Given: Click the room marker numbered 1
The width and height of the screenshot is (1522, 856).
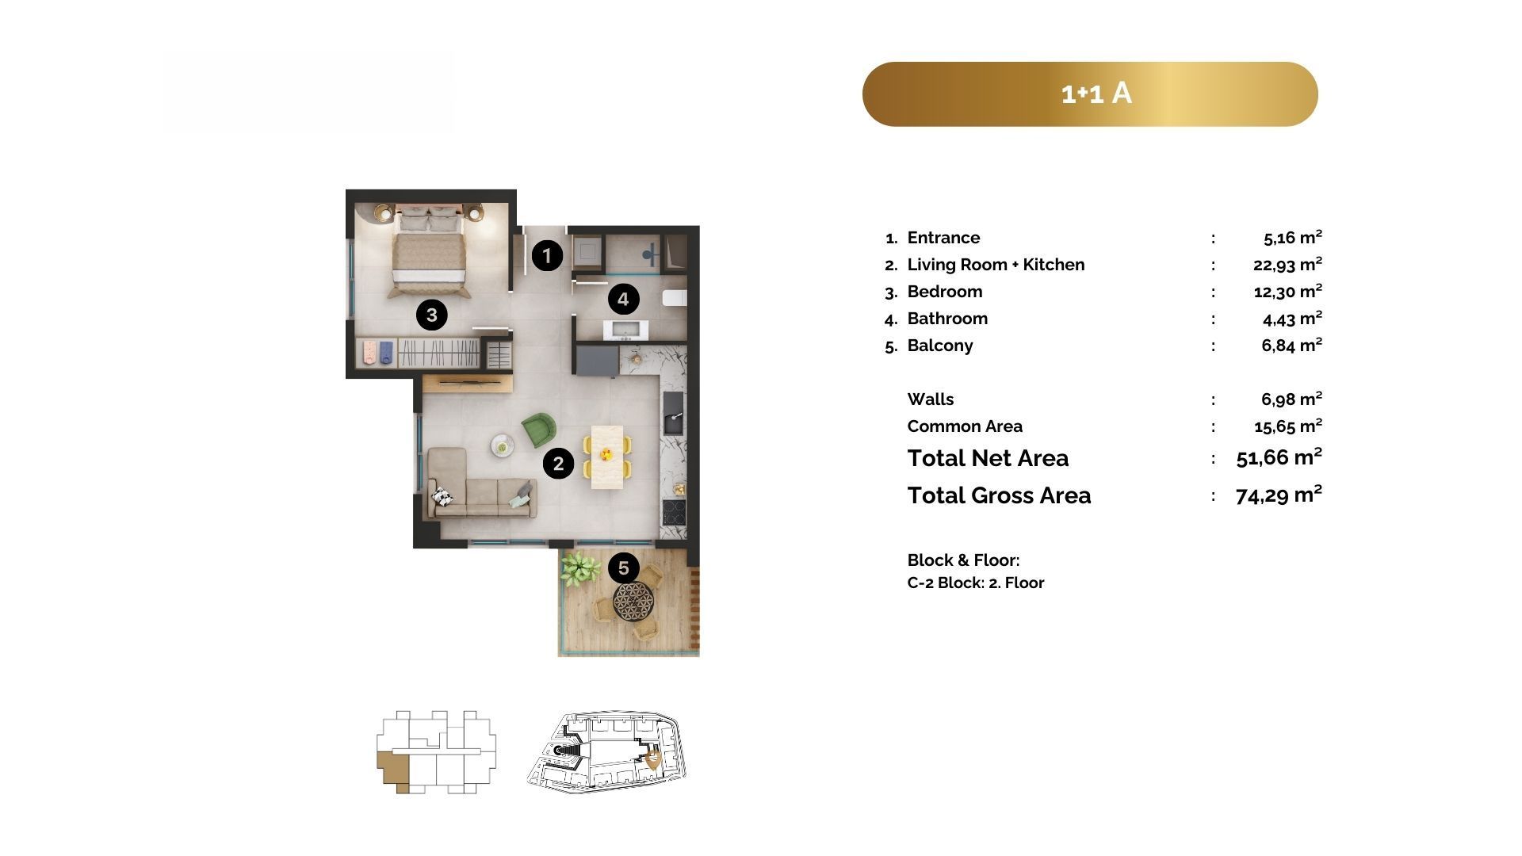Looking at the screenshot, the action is [547, 256].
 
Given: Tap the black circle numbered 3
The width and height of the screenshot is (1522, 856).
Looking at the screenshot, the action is [431, 315].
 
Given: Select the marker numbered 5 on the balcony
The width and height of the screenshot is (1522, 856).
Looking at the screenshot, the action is [623, 568].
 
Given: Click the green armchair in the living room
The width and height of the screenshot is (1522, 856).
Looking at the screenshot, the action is [539, 429].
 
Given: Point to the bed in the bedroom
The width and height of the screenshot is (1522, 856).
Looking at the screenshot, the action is [428, 249].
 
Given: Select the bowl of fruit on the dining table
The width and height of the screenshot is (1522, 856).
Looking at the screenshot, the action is [606, 454].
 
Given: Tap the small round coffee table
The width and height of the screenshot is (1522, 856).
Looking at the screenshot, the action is [503, 445].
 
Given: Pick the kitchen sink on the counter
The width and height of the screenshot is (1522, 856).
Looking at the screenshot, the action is [673, 413].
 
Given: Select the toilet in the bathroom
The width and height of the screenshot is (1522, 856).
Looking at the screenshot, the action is [675, 298].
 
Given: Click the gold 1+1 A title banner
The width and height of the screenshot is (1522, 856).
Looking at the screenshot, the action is [1090, 94].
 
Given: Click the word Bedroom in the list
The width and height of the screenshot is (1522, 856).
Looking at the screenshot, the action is [945, 292].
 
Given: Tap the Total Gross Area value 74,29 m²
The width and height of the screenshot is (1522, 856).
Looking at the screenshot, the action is [1279, 495].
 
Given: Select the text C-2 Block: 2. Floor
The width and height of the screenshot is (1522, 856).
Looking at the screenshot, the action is [976, 583].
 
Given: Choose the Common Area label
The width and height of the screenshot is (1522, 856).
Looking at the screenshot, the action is [965, 426].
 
